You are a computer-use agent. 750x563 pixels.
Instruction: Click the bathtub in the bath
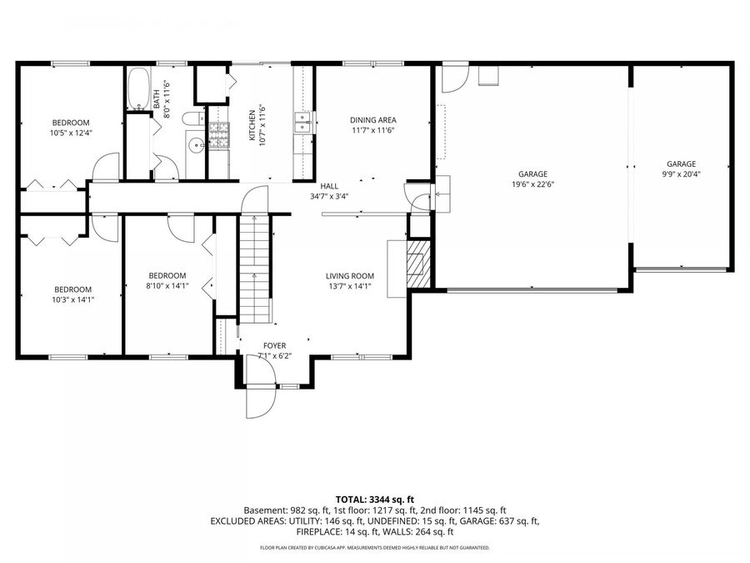[138, 89]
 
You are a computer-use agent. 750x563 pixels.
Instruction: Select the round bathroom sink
[196, 145]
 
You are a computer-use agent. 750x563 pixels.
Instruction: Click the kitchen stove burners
[219, 134]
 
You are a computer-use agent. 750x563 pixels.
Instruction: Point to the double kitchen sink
[303, 122]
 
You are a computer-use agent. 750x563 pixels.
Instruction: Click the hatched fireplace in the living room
[419, 264]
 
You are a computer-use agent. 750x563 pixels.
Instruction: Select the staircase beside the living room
[255, 269]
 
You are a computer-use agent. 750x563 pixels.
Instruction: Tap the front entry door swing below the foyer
[261, 402]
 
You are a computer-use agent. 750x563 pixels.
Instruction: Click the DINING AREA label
[373, 120]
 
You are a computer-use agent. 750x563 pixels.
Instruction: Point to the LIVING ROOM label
[350, 276]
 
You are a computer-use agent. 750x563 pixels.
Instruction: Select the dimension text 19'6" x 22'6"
[532, 184]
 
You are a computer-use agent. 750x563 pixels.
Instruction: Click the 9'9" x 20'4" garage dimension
[681, 174]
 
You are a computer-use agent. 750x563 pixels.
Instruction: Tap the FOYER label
[274, 345]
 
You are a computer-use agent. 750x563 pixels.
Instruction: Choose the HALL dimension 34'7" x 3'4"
[329, 196]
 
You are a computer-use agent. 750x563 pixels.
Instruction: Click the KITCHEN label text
[252, 125]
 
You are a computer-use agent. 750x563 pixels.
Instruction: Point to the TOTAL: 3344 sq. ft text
[374, 500]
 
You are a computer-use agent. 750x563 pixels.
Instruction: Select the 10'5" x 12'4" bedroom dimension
[71, 133]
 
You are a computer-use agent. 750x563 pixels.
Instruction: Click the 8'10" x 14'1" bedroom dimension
[167, 286]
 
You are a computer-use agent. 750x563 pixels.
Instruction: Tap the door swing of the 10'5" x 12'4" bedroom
[105, 167]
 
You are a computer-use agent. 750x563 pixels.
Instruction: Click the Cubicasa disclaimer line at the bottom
[374, 548]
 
